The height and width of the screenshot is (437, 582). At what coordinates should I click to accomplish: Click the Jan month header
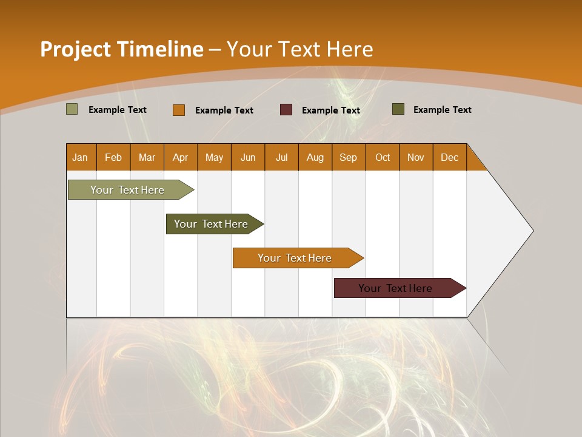pos(80,158)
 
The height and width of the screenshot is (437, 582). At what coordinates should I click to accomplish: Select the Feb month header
pos(113,158)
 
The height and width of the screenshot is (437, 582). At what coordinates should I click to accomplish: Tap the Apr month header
pos(180,158)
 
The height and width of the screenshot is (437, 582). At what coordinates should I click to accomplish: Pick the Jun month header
pos(248,158)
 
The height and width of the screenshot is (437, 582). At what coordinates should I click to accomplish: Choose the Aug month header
pos(315,158)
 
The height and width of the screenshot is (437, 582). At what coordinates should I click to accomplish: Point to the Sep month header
pos(348,158)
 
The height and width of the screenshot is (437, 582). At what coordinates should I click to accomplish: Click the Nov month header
pos(415,158)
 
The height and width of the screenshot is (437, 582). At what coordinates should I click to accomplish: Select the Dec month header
pos(449,158)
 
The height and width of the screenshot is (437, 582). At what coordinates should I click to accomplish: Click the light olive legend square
pos(72,109)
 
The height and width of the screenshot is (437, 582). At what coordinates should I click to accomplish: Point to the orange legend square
pos(179,110)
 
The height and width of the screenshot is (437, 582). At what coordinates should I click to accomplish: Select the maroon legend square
pos(286,110)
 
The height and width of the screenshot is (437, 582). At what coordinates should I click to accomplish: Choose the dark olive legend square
pos(398,109)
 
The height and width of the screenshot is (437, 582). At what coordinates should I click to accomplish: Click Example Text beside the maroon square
pos(330,110)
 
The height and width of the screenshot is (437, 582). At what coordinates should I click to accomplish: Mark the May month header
pos(214,158)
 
